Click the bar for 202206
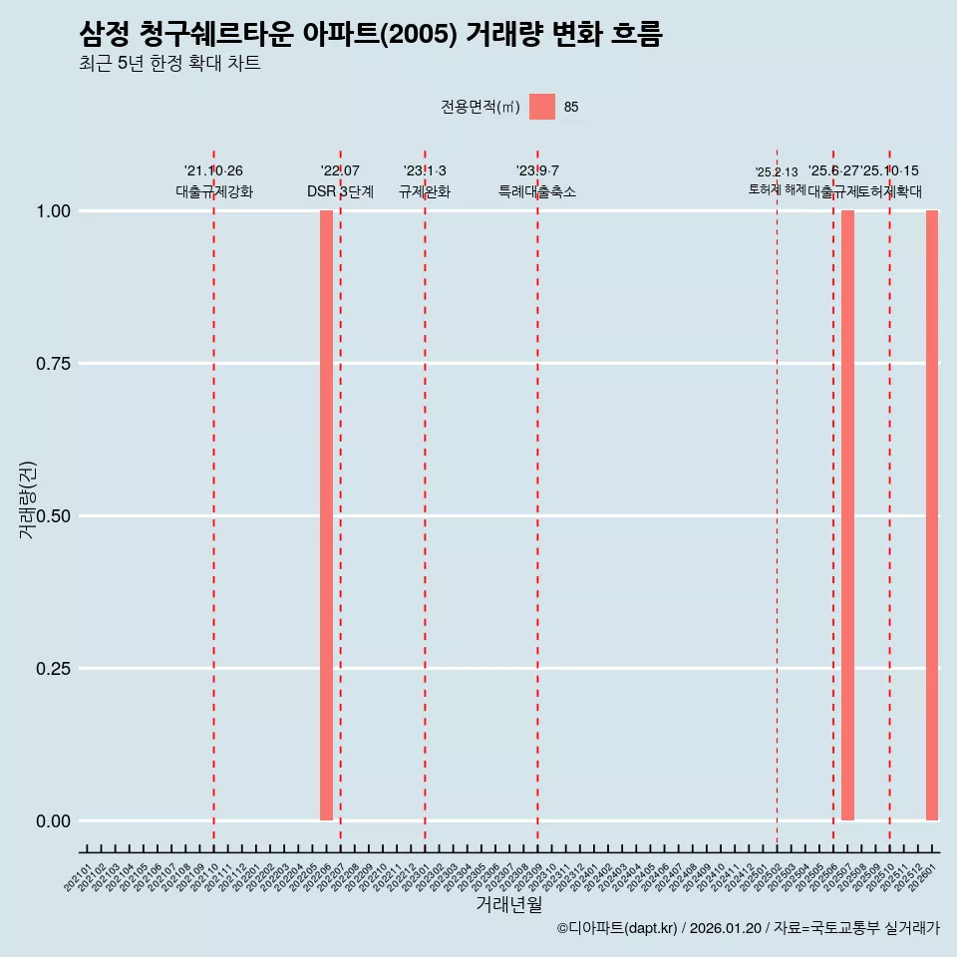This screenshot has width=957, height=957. tap(326, 515)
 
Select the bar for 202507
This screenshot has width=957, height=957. tap(847, 515)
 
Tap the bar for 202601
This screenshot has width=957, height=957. tap(932, 515)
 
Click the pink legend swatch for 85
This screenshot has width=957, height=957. tap(541, 107)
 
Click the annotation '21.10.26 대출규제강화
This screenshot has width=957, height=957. tap(213, 181)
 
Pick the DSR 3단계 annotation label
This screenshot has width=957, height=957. tap(340, 191)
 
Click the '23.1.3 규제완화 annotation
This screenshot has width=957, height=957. tap(425, 181)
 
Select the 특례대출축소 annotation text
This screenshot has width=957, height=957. tap(537, 191)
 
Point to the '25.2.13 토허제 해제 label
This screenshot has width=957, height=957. tap(777, 180)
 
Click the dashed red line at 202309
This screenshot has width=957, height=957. tap(537, 498)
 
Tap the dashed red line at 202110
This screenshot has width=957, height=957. tap(213, 498)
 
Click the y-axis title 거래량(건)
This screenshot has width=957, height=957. tap(27, 499)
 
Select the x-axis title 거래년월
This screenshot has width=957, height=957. tap(508, 904)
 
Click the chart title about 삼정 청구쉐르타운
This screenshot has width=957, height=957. tap(370, 35)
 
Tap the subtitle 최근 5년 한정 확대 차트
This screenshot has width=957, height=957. tap(169, 64)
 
